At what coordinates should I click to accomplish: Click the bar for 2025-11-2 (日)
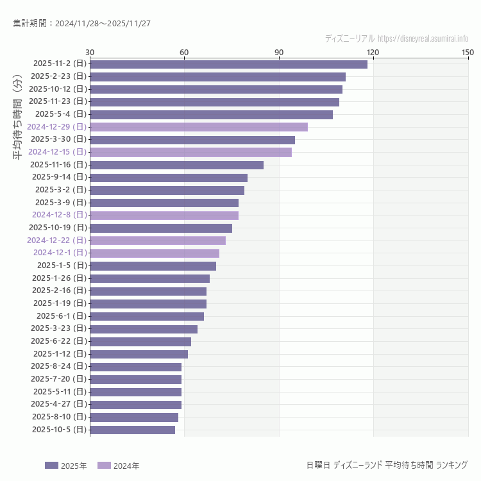point(228,64)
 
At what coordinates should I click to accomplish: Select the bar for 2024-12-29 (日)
point(199,127)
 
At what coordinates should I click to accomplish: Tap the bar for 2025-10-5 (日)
point(132,430)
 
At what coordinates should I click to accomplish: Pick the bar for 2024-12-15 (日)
point(190,152)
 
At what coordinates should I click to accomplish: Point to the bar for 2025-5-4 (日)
point(211,114)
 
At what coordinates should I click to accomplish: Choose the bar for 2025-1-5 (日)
point(153,266)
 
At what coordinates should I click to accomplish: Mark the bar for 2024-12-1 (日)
point(155,253)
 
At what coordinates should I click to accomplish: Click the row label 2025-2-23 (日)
point(59,76)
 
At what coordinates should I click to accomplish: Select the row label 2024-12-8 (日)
point(59,215)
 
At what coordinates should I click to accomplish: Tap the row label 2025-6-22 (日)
point(59,341)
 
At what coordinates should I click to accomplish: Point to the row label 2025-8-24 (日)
point(59,366)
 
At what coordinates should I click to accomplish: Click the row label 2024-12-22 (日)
point(56,240)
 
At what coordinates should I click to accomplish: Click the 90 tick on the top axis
point(278,52)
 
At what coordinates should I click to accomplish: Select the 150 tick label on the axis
point(467,52)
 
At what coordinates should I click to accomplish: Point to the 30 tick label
point(90,52)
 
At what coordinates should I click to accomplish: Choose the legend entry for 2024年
point(118,466)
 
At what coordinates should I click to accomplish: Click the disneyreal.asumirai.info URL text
point(423,38)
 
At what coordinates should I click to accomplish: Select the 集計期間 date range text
point(81,24)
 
